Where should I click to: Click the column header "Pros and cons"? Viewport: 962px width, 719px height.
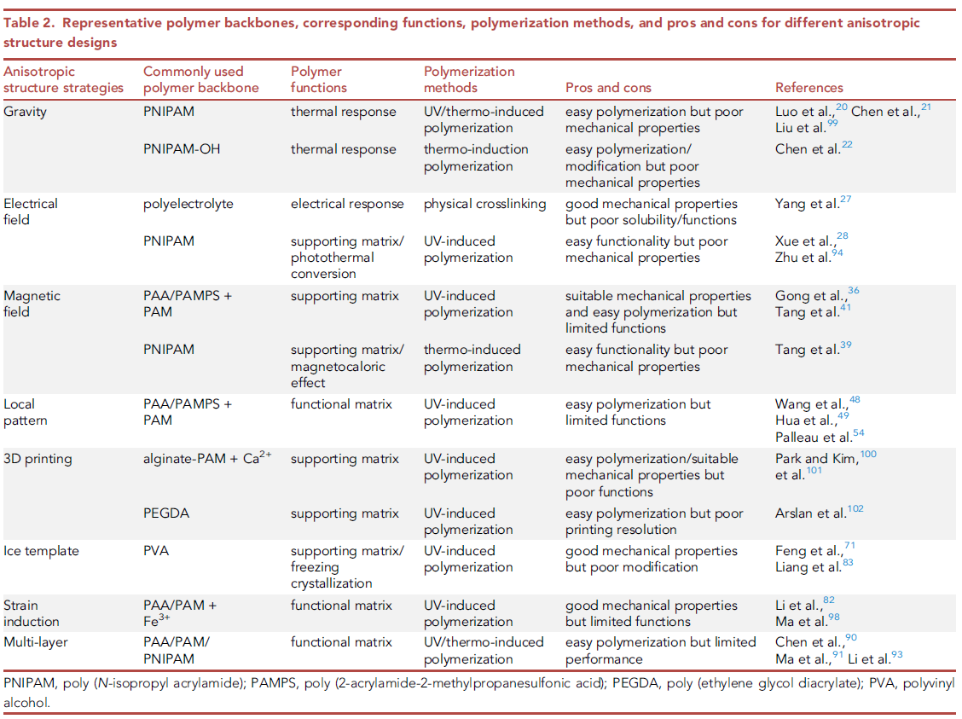click(608, 88)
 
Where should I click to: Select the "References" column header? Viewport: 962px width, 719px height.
click(808, 88)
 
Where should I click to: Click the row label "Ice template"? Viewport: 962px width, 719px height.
click(41, 551)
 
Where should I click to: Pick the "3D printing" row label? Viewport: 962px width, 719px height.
click(38, 459)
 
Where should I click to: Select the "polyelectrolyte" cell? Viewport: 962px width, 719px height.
click(188, 204)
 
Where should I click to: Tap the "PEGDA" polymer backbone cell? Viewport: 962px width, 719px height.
click(165, 513)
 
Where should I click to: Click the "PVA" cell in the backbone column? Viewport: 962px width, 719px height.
click(156, 551)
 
